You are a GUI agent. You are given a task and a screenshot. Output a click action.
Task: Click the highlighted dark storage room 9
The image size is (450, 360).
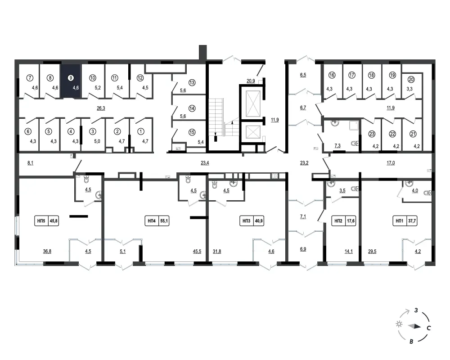tap(70, 81)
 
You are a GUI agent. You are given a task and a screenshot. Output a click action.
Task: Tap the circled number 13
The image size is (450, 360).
tap(192, 83)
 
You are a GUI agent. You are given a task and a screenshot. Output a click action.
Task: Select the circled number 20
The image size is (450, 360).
tap(411, 80)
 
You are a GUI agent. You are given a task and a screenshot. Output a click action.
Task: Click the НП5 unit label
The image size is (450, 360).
tap(41, 221)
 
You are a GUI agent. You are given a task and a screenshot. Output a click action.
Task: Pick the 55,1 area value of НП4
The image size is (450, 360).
tap(164, 221)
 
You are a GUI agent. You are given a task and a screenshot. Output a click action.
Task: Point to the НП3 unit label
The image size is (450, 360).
tap(247, 221)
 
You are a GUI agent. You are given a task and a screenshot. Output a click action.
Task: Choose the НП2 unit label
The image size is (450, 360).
tap(338, 221)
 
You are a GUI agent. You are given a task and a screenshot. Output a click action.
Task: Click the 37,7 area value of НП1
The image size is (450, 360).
tap(412, 221)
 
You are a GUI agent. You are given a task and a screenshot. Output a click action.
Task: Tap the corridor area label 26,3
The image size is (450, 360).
tap(101, 108)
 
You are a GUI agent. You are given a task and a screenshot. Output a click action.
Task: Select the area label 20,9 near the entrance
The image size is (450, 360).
tap(251, 81)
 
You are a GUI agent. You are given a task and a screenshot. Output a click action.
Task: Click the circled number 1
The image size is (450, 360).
tap(140, 131)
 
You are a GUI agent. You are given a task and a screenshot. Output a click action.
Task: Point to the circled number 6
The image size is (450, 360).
tap(28, 131)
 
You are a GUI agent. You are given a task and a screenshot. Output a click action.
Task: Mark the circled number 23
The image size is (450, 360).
tap(372, 134)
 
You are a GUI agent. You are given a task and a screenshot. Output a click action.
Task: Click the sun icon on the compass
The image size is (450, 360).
tap(399, 324)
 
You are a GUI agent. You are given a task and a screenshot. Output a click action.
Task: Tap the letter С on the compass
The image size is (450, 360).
tap(429, 328)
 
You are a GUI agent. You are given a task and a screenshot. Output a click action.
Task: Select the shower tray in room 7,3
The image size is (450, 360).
tap(354, 126)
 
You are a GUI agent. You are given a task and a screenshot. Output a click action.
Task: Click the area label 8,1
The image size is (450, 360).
tap(30, 163)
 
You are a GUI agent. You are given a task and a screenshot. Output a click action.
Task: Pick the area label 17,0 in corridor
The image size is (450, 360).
tap(391, 163)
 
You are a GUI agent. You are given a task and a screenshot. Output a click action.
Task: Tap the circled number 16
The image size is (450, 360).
tap(332, 75)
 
